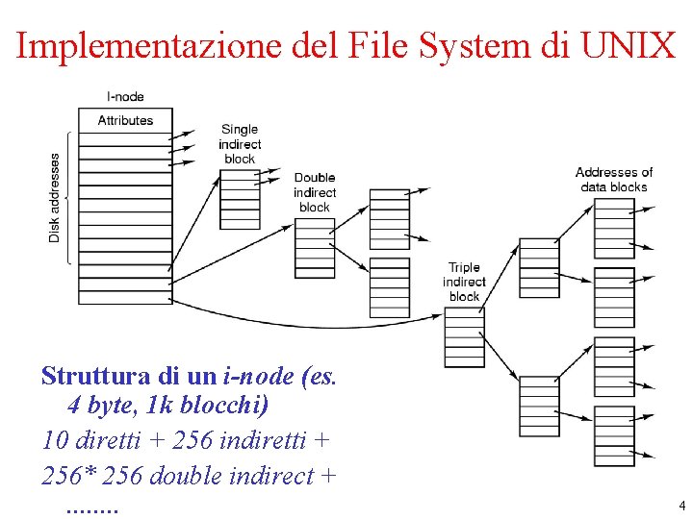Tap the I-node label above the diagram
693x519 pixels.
tap(125, 97)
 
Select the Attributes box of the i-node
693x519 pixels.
tap(125, 120)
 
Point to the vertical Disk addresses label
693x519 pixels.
tap(55, 197)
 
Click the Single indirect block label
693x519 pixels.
tap(240, 144)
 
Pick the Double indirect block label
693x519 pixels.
tap(315, 192)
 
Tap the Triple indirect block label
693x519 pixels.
tap(464, 282)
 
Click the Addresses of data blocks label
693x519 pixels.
tap(614, 179)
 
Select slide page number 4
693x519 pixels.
tap(680, 506)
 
